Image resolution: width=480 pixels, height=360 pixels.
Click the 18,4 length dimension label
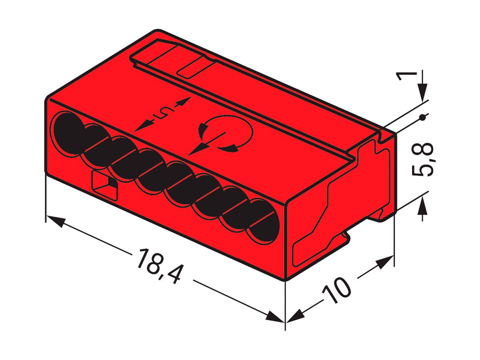click(157, 266)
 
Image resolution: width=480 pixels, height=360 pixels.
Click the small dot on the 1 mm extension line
click(422, 118)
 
